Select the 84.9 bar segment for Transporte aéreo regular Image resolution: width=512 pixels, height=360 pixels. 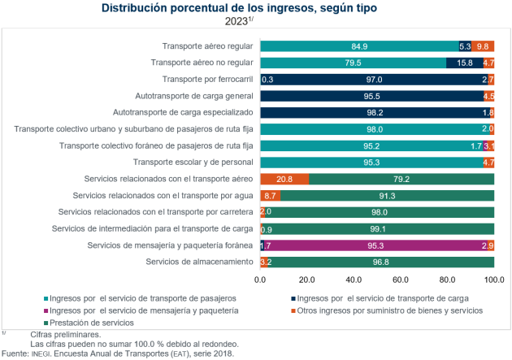[x=359, y=46]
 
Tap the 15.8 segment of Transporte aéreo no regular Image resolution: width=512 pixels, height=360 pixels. [x=464, y=63]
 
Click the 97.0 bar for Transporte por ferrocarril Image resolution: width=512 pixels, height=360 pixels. [x=374, y=79]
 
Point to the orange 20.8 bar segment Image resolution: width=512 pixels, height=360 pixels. [x=284, y=179]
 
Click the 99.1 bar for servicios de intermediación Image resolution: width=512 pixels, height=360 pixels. [x=378, y=228]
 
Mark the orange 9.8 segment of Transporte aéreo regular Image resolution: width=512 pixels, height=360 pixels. [x=483, y=46]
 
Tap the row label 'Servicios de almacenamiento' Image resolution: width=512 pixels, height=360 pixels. [x=200, y=261]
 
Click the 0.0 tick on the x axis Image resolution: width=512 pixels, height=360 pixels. [x=260, y=280]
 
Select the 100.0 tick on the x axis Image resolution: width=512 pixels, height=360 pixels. [x=494, y=280]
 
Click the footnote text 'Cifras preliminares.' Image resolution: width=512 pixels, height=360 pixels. [x=66, y=335]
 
